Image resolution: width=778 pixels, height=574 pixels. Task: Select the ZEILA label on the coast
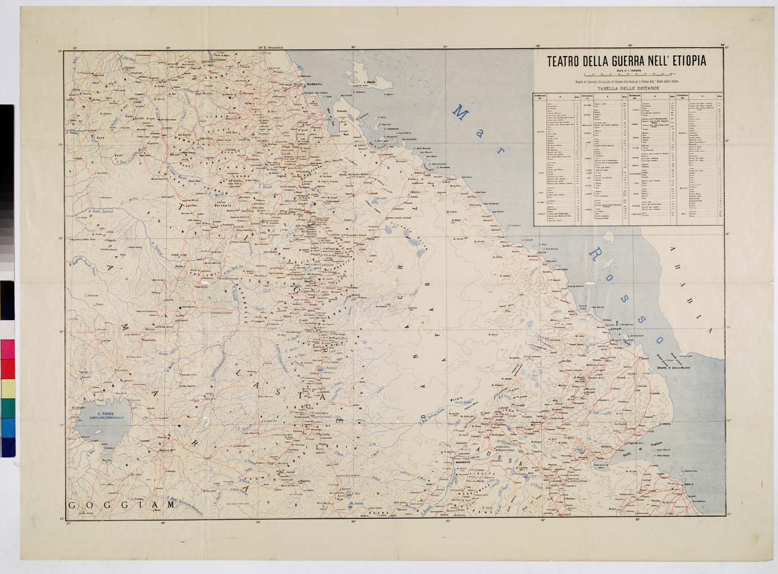tap(688, 484)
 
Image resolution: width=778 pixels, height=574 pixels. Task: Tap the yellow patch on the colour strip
tap(8, 389)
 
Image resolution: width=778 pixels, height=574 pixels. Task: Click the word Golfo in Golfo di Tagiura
tap(627, 454)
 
